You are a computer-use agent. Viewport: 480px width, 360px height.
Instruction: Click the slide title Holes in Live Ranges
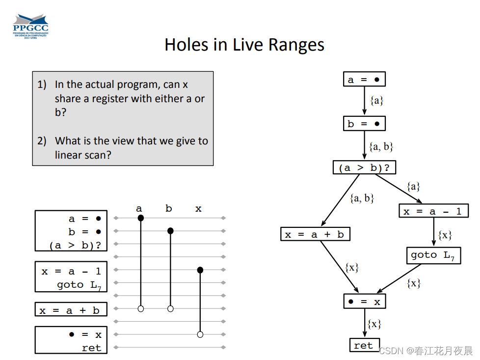(244, 45)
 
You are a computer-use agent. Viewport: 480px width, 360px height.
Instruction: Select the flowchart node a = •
(364, 80)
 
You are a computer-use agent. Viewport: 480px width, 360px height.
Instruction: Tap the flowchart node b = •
(364, 123)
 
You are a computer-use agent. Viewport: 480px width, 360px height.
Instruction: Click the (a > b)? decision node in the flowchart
(364, 167)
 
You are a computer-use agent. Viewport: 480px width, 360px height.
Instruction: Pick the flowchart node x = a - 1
(433, 211)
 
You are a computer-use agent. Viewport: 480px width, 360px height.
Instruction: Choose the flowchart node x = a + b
(315, 234)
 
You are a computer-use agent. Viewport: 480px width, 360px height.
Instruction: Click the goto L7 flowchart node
(433, 255)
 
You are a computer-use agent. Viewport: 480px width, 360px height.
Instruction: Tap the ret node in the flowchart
(364, 345)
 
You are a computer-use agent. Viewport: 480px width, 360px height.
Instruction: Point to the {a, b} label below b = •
(381, 146)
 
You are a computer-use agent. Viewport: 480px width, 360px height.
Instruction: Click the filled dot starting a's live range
(141, 218)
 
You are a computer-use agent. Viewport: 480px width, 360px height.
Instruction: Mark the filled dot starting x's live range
(200, 270)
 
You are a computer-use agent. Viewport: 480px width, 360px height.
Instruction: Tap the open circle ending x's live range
(200, 334)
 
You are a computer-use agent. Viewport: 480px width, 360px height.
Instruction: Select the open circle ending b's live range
(170, 309)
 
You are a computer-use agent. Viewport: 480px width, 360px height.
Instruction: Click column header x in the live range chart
(198, 209)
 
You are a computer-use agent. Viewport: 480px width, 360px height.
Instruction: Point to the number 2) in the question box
(42, 141)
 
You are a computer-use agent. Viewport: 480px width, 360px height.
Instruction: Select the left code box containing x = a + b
(71, 310)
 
